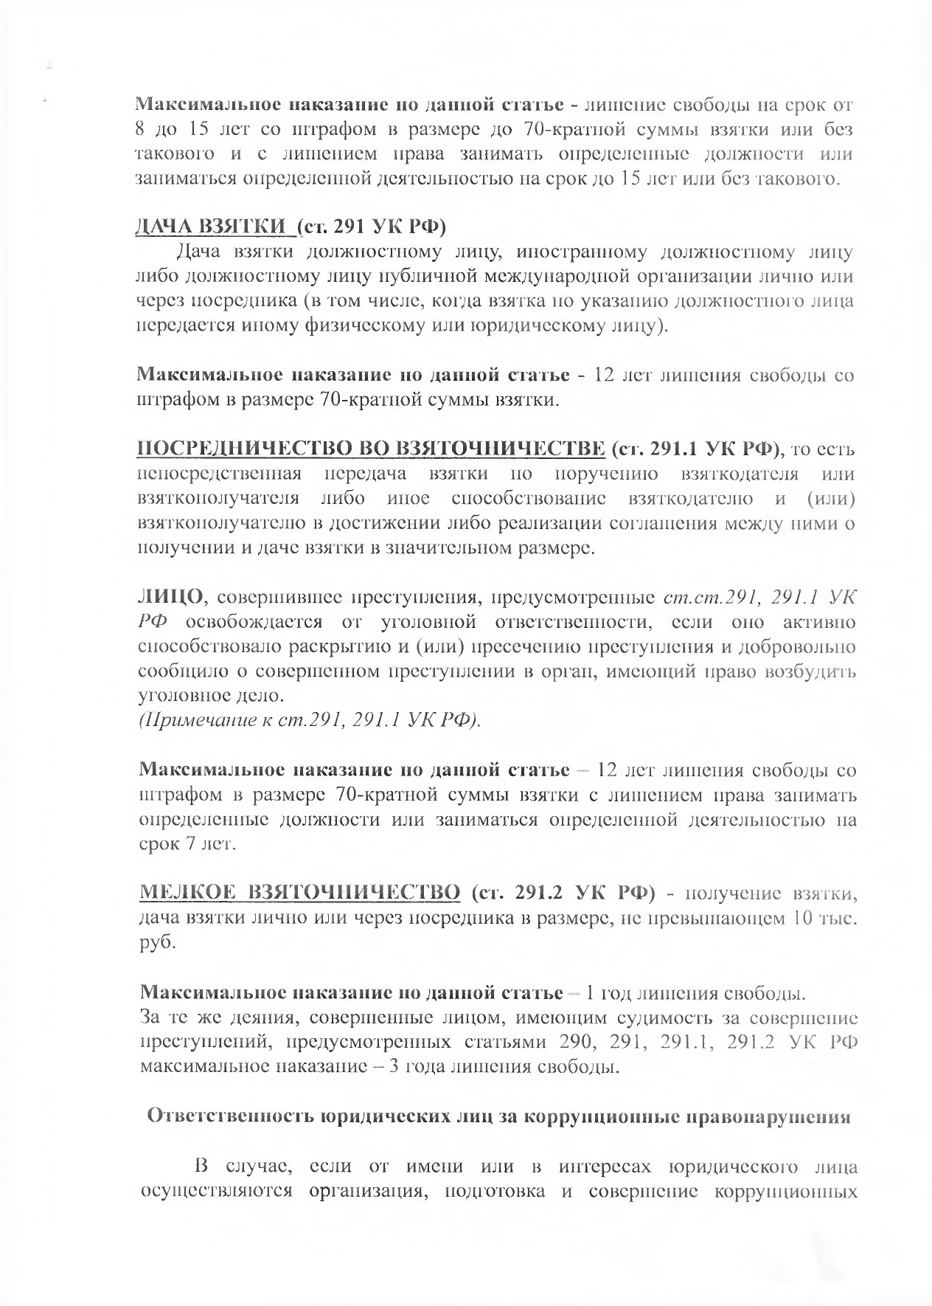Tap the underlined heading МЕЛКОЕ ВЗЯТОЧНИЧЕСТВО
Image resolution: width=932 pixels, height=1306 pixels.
[x=299, y=893]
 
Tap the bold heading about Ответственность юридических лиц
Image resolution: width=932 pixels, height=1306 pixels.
[x=499, y=1116]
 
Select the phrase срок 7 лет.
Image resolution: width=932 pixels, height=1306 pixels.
[x=187, y=844]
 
